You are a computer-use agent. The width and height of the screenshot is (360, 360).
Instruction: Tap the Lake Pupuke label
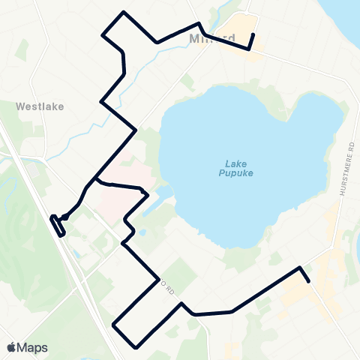click(x=238, y=169)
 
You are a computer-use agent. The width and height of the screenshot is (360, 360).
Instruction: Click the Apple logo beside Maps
click(x=11, y=347)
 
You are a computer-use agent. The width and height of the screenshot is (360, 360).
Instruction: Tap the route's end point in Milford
click(x=253, y=34)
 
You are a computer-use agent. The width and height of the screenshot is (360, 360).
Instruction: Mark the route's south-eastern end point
click(x=309, y=281)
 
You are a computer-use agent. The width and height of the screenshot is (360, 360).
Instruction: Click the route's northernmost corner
click(x=124, y=13)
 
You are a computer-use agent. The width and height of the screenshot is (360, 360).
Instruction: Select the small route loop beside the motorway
click(x=58, y=225)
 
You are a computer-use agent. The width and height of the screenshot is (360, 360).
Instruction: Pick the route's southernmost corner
click(x=136, y=347)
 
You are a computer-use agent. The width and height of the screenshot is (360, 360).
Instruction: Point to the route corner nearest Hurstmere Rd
click(x=300, y=268)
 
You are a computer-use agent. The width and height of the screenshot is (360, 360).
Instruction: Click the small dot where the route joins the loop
click(x=65, y=217)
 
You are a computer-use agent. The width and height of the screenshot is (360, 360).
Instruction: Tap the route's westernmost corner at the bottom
click(x=113, y=325)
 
